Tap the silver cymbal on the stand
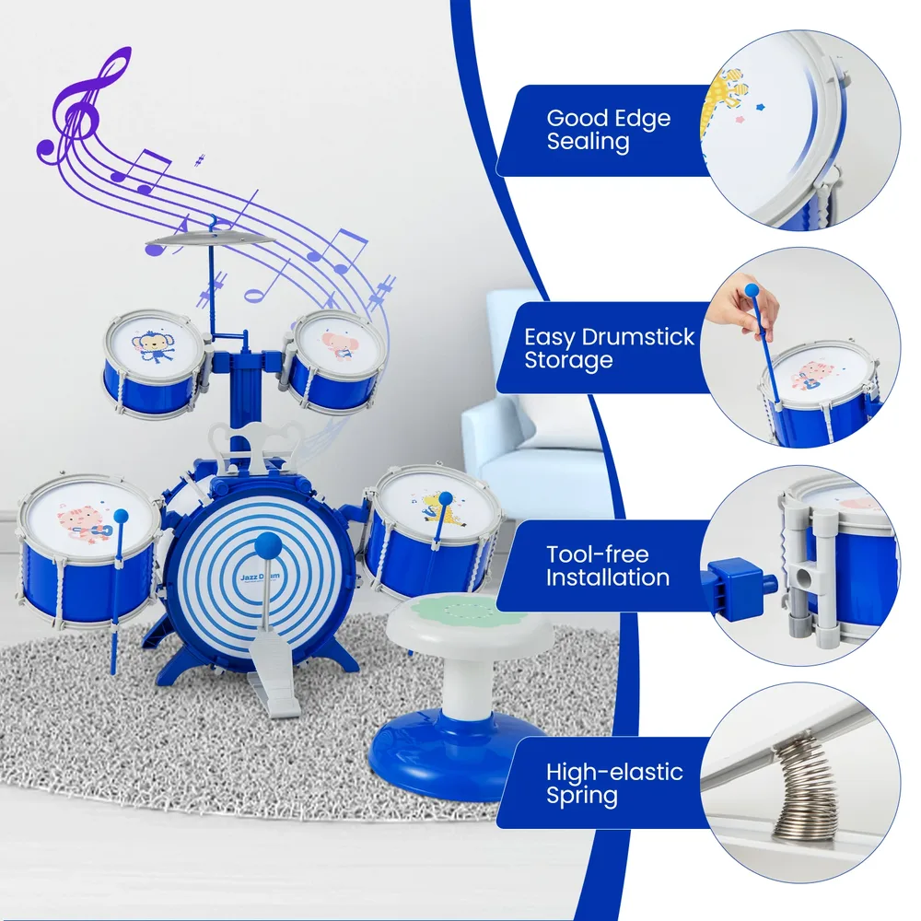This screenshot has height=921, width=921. point(210,239)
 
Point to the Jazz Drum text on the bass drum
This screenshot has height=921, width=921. point(260,577)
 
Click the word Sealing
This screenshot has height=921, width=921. point(588,142)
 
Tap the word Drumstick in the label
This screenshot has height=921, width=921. point(638,337)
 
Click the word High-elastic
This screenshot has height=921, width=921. point(614,772)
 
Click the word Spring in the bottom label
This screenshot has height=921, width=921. point(581,797)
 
